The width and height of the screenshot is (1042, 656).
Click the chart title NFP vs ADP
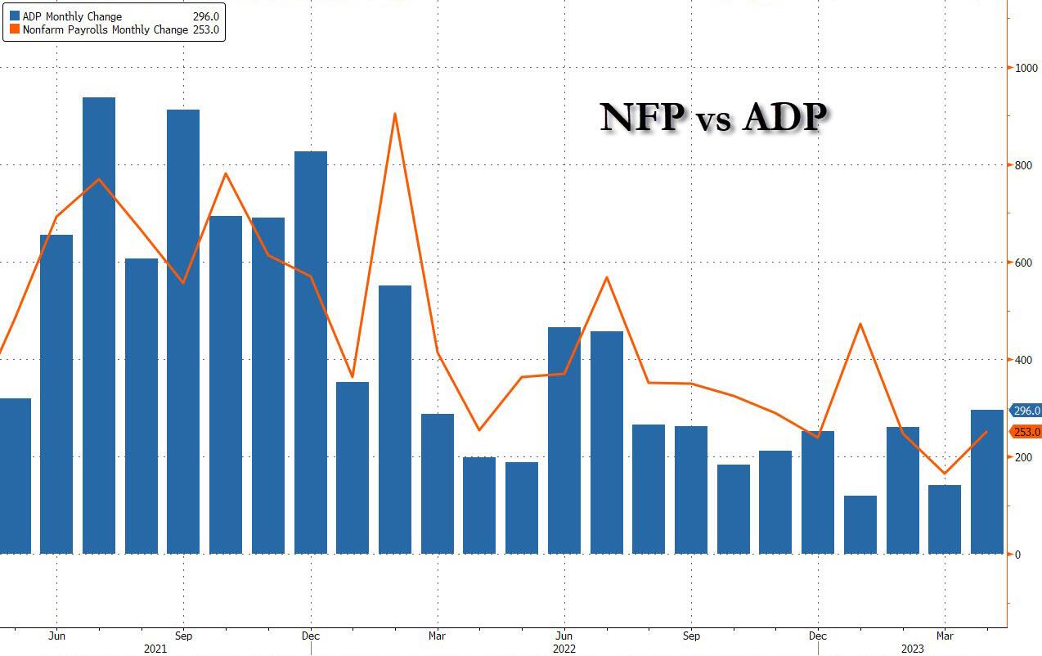pyautogui.click(x=712, y=117)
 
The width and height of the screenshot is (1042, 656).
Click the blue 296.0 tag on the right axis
pyautogui.click(x=1026, y=411)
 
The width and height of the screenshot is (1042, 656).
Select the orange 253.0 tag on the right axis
pyautogui.click(x=1026, y=432)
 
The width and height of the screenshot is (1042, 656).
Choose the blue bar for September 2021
pyautogui.click(x=183, y=331)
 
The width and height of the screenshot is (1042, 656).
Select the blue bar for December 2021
pyautogui.click(x=311, y=352)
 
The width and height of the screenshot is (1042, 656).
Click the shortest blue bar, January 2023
pyautogui.click(x=860, y=524)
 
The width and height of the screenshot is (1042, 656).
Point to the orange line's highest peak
pyautogui.click(x=395, y=115)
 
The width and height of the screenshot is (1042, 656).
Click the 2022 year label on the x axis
pyautogui.click(x=564, y=649)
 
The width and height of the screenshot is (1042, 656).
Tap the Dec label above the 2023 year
pyautogui.click(x=818, y=635)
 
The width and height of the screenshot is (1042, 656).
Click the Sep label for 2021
pyautogui.click(x=183, y=635)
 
